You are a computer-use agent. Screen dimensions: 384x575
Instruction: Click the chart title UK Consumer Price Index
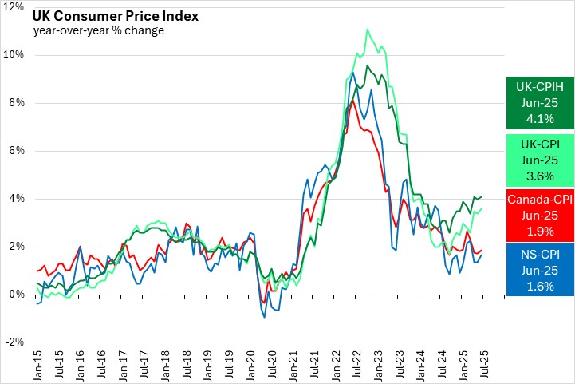pyautogui.click(x=116, y=16)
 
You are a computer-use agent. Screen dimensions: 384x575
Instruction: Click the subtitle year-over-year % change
pyautogui.click(x=99, y=31)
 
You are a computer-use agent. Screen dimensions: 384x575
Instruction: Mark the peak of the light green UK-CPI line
pyautogui.click(x=367, y=30)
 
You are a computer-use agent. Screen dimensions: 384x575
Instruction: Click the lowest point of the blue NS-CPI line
pyautogui.click(x=264, y=317)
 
